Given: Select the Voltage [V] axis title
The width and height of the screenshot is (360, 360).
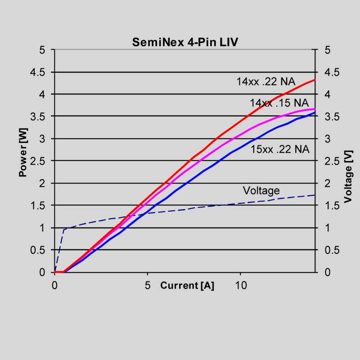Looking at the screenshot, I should point(349,176).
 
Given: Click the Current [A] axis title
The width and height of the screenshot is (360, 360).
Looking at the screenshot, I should point(187,285).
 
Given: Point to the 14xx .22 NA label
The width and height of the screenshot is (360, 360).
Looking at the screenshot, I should point(266,82).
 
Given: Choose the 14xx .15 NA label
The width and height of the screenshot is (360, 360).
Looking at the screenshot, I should point(279,103).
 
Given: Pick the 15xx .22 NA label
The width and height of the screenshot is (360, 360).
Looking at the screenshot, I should point(280,149).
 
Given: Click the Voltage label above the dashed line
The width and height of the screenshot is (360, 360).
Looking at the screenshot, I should point(261,190).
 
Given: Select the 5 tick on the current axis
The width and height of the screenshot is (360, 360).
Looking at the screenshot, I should point(148,285).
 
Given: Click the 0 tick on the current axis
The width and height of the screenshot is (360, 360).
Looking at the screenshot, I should point(54,285).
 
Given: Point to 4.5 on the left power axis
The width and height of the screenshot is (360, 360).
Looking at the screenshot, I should point(39,72).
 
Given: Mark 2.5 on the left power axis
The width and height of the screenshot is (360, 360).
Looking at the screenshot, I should point(39,161).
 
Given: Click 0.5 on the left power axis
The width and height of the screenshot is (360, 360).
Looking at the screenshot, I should point(39,250).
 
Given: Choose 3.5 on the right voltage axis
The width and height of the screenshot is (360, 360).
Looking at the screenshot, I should point(330,117).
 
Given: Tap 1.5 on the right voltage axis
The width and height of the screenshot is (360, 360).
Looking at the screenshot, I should point(330,205).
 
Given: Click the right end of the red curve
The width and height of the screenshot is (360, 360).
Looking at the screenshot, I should point(315,80).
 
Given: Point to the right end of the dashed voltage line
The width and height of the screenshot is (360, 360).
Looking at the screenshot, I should point(315,195).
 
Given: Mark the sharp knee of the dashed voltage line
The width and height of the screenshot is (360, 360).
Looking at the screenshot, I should point(64,229).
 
